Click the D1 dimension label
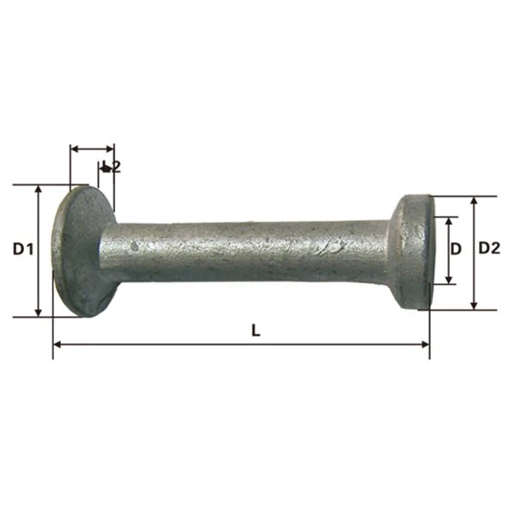[x=22, y=250]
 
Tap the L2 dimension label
[x=111, y=167]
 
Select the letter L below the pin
[x=255, y=330]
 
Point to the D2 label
[x=489, y=248]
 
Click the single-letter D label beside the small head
[x=457, y=249]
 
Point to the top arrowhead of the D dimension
[x=448, y=221]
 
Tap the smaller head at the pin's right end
[x=413, y=251]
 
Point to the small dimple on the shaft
[x=134, y=245]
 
